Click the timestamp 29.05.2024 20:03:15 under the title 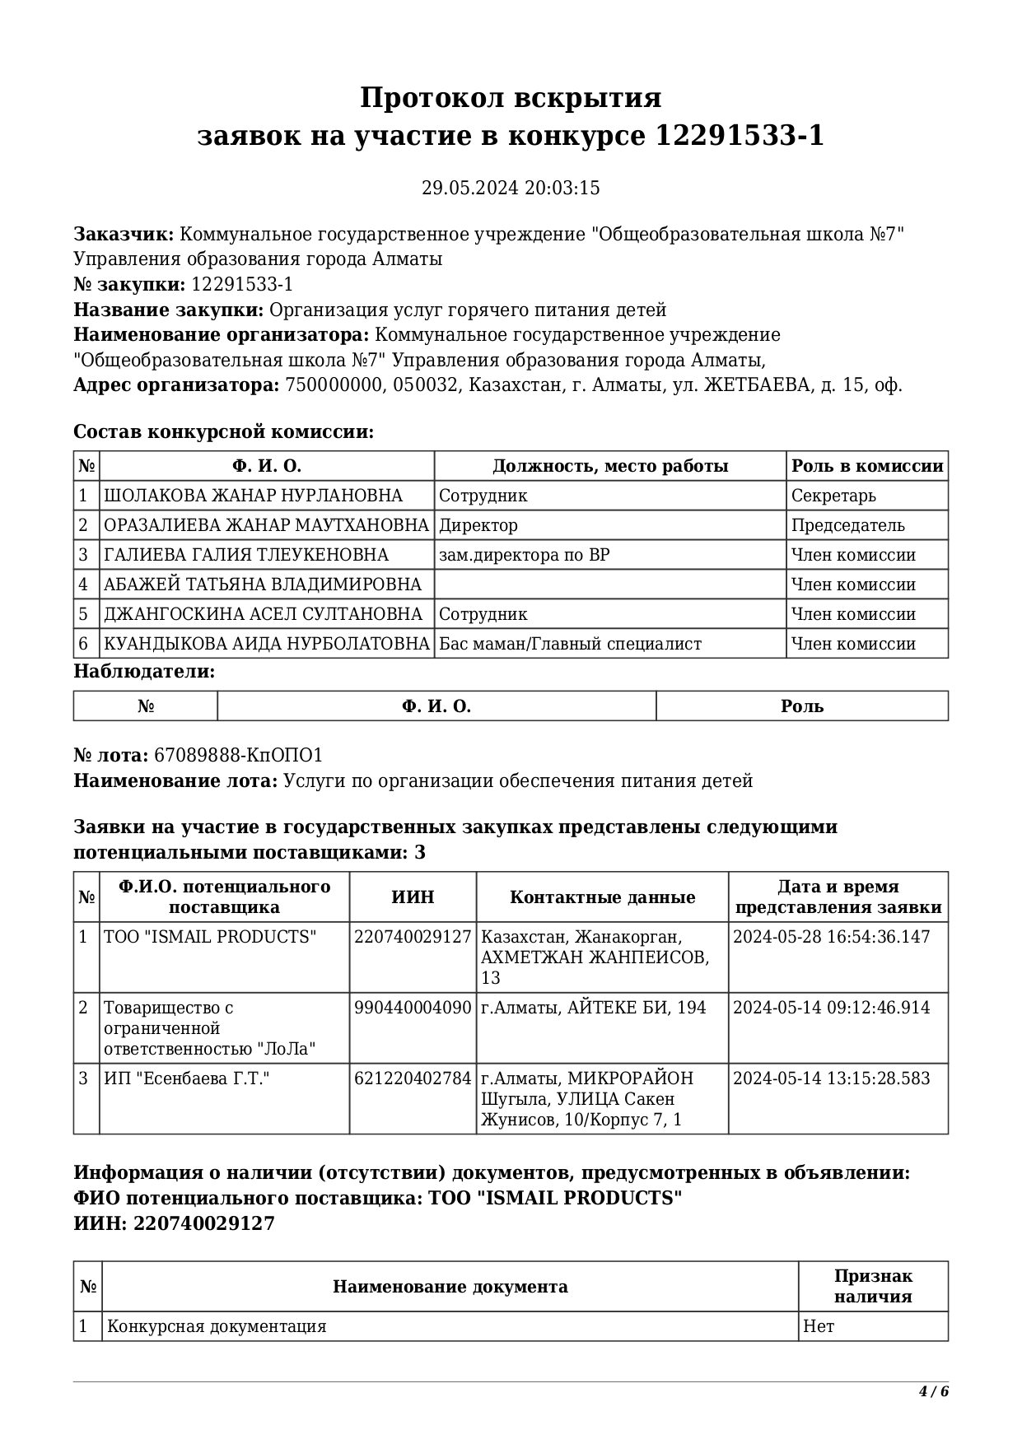click(511, 189)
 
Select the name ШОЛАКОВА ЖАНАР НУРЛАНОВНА click(253, 496)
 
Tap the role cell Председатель click(847, 525)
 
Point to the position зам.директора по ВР click(525, 555)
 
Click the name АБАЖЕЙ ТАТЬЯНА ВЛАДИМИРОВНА click(262, 585)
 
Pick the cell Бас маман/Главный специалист click(570, 644)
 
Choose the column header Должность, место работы click(610, 466)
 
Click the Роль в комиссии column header click(867, 466)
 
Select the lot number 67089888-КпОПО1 click(238, 756)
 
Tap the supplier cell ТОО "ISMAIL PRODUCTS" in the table click(210, 937)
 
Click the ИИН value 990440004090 click(413, 1008)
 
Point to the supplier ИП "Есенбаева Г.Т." click(187, 1078)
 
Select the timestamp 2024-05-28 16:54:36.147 click(831, 937)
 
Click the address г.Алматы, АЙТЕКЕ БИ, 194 click(593, 1008)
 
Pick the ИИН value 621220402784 click(413, 1078)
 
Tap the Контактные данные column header click(602, 897)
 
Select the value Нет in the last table click(819, 1326)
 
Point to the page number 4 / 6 click(934, 1392)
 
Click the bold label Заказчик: click(124, 235)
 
